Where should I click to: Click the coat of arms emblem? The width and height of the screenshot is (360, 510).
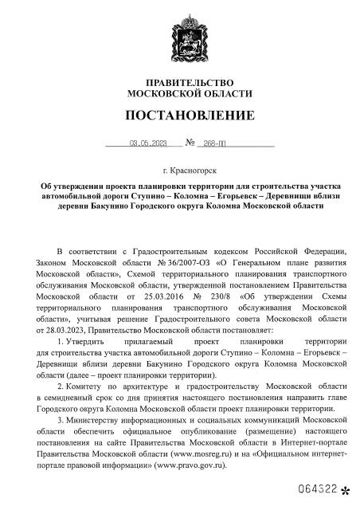pyautogui.click(x=181, y=34)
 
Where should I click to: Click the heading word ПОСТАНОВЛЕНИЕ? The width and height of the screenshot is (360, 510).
pyautogui.click(x=180, y=116)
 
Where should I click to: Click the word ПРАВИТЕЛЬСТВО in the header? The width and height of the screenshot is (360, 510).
pyautogui.click(x=180, y=83)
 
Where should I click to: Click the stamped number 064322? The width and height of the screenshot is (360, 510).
pyautogui.click(x=317, y=487)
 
